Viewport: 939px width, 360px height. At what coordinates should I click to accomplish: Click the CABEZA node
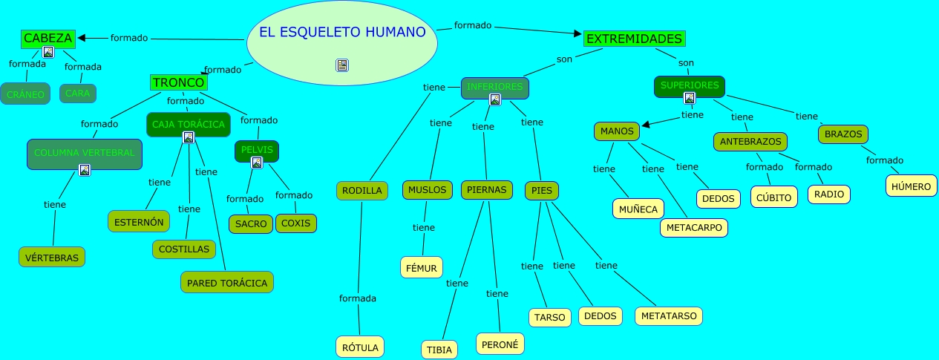click(48, 38)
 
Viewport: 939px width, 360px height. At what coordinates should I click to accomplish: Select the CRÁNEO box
click(25, 94)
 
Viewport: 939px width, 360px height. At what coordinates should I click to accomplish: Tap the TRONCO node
click(178, 82)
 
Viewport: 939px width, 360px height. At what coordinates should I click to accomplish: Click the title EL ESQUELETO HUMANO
click(341, 32)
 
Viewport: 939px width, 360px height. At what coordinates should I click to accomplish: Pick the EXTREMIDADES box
click(634, 38)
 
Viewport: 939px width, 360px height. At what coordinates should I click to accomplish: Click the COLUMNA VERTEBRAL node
click(85, 153)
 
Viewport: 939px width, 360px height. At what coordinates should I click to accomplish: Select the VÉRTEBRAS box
click(52, 257)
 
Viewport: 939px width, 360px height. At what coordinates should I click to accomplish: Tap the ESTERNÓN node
click(139, 221)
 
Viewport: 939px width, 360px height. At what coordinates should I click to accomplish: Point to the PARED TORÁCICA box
click(227, 282)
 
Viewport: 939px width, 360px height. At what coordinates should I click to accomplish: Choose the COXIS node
click(296, 223)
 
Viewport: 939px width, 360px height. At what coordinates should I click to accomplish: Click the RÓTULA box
click(361, 347)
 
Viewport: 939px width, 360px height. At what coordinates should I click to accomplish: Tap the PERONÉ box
click(500, 344)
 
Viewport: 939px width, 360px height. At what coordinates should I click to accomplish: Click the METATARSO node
click(668, 315)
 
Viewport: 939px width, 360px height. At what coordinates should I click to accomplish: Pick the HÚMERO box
click(911, 186)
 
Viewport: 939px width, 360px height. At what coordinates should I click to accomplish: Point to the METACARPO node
click(694, 227)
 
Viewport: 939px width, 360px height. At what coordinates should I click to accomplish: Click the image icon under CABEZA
click(48, 52)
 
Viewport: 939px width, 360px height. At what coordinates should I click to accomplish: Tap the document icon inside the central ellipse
click(342, 65)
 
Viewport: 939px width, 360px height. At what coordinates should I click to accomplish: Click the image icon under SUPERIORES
click(690, 98)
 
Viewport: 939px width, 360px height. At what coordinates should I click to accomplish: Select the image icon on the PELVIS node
click(257, 163)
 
